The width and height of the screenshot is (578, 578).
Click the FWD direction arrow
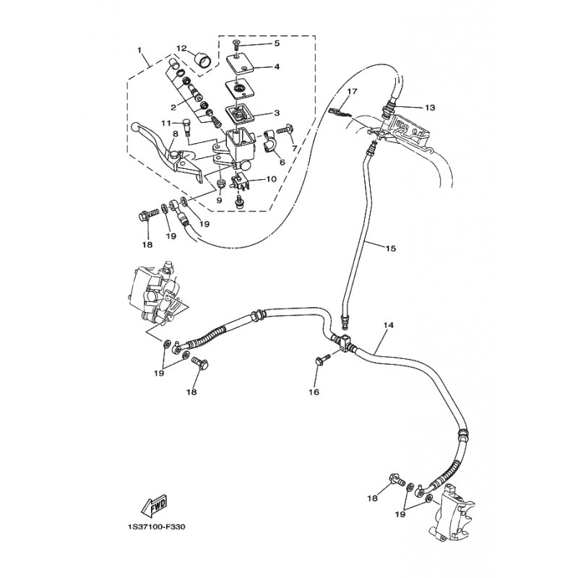point(154,504)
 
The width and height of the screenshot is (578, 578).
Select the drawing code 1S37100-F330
point(155,527)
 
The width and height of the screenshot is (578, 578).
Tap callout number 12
point(182,48)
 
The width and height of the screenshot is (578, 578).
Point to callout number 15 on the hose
point(390,249)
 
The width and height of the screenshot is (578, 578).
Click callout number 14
point(389,325)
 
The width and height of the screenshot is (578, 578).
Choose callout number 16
point(314,392)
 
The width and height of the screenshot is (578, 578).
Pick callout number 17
point(352,91)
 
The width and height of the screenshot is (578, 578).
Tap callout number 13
point(430,108)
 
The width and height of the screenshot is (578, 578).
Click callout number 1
point(139,49)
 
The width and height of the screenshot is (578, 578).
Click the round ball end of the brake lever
point(135,128)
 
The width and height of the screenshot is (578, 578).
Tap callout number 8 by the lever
point(175,134)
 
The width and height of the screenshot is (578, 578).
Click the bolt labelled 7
point(286,130)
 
